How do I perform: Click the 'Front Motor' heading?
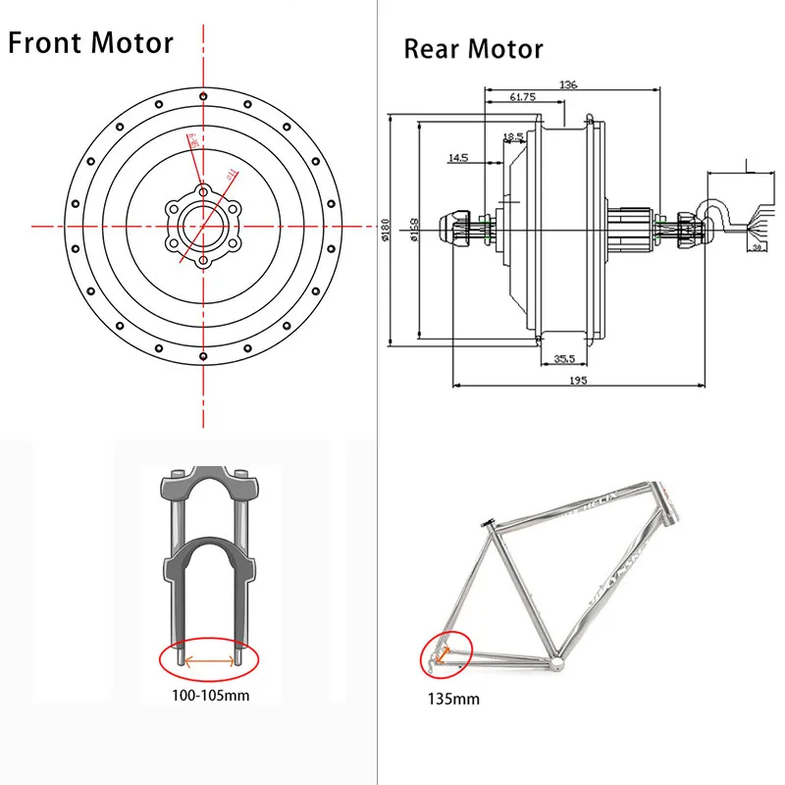tap(90, 43)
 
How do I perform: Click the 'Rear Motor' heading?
tap(473, 48)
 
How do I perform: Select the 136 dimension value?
tap(570, 84)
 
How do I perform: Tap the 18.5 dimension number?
tap(512, 137)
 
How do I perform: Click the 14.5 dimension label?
tap(458, 157)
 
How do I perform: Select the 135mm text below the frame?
tap(454, 700)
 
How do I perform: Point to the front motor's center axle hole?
tap(203, 225)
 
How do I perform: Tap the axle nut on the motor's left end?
tap(461, 232)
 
